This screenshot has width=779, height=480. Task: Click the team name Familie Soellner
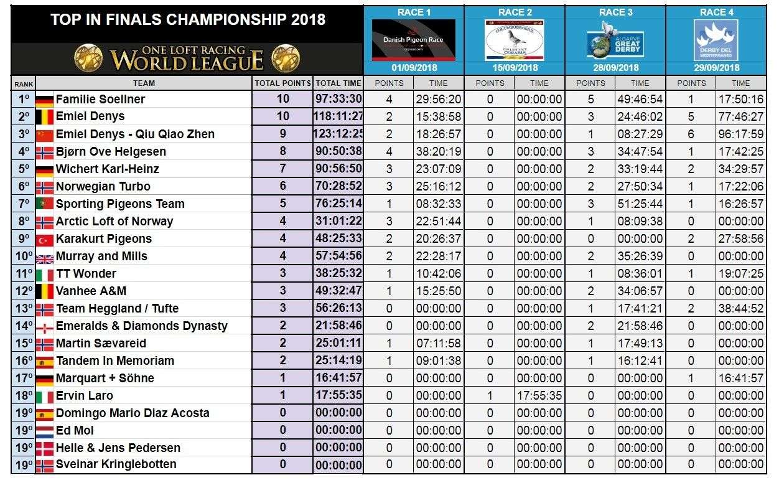pyautogui.click(x=100, y=99)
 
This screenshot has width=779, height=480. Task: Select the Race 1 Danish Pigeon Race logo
pyautogui.click(x=413, y=40)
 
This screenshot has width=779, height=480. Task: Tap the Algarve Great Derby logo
pyautogui.click(x=615, y=40)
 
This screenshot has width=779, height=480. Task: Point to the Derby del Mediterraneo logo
pyautogui.click(x=716, y=40)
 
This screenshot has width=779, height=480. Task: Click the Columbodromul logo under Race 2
pyautogui.click(x=515, y=40)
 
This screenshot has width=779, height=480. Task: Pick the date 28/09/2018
pyautogui.click(x=615, y=67)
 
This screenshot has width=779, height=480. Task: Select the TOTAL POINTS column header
pyautogui.click(x=282, y=83)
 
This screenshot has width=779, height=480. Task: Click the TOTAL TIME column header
pyautogui.click(x=338, y=83)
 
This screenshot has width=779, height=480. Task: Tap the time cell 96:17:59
pyautogui.click(x=740, y=134)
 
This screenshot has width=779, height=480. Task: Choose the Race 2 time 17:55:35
pyautogui.click(x=539, y=395)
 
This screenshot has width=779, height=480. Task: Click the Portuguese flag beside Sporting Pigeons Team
pyautogui.click(x=45, y=204)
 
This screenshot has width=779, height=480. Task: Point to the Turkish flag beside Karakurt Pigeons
pyautogui.click(x=45, y=239)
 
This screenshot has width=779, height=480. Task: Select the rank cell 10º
pyautogui.click(x=23, y=256)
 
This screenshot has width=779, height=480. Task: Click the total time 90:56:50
pyautogui.click(x=338, y=169)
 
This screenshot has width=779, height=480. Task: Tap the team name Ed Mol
pyautogui.click(x=74, y=430)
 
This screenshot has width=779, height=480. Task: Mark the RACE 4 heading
pyautogui.click(x=716, y=12)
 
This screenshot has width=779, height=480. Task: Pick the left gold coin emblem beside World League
pyautogui.click(x=88, y=58)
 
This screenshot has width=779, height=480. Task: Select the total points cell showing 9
pyautogui.click(x=283, y=134)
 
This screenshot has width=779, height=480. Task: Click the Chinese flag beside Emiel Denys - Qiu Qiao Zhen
pyautogui.click(x=45, y=134)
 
